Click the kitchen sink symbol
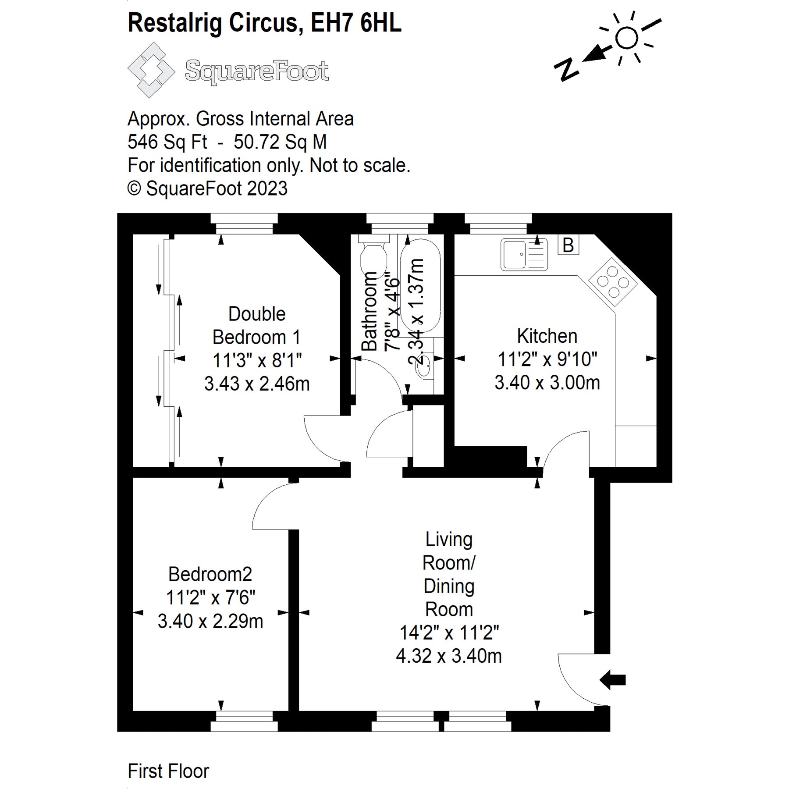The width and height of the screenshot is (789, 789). pyautogui.click(x=524, y=254)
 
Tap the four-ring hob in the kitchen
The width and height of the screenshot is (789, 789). pyautogui.click(x=613, y=281)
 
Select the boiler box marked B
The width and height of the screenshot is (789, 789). pyautogui.click(x=568, y=245)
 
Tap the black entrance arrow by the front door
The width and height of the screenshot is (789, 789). pyautogui.click(x=612, y=680)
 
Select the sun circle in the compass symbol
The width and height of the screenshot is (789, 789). pyautogui.click(x=626, y=38)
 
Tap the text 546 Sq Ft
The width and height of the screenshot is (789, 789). pyautogui.click(x=167, y=142)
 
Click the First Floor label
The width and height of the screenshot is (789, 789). pyautogui.click(x=168, y=771)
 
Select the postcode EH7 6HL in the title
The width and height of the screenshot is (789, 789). pyautogui.click(x=356, y=23)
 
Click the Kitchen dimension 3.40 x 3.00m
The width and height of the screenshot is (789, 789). pyautogui.click(x=547, y=383)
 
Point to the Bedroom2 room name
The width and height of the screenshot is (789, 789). pyautogui.click(x=210, y=574)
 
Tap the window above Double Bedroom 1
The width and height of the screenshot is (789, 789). pyautogui.click(x=244, y=224)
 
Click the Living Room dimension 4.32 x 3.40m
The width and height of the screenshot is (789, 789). pyautogui.click(x=449, y=656)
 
